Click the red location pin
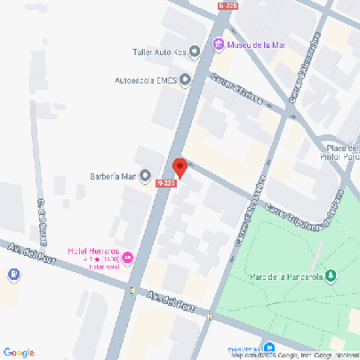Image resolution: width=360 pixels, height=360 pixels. pos(179,167)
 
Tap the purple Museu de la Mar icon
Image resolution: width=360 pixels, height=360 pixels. pos(218,45)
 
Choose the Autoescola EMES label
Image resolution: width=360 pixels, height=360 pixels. pos(147,80)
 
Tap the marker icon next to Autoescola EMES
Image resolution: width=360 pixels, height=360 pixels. pos(185,80)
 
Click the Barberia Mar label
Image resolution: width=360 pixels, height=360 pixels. pos(113,176)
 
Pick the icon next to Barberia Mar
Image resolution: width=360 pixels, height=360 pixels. pos(145,176)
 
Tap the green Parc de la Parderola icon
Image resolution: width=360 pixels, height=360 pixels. pos(331,275)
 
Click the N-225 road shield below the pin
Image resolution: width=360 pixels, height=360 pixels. pos(164,183)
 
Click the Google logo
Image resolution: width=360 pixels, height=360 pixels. pos(19,352)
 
